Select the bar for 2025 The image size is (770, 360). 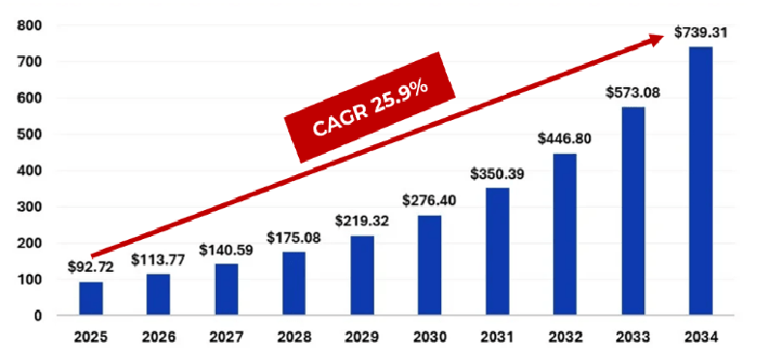(91, 298)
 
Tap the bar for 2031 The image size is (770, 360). (497, 252)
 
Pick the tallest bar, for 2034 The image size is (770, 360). (700, 181)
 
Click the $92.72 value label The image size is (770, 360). (91, 266)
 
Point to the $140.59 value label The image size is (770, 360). (226, 249)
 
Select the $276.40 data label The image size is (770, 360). (429, 200)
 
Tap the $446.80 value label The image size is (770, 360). (565, 138)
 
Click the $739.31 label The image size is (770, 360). (700, 32)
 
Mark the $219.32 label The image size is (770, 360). (362, 221)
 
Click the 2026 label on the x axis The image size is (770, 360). (159, 340)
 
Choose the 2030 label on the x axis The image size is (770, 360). (429, 340)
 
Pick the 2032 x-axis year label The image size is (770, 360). (565, 340)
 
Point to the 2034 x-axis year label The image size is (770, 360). (700, 340)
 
